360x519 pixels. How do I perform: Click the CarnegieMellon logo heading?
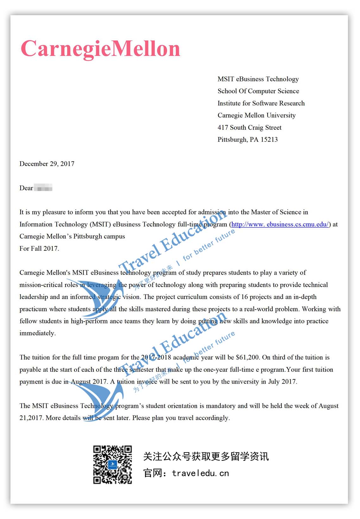[x=100, y=49]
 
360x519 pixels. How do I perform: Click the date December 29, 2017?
[x=47, y=164]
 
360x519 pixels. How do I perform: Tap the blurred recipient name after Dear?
[x=43, y=188]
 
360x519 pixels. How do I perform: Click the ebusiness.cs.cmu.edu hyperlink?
[x=280, y=225]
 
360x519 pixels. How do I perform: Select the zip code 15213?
[x=269, y=140]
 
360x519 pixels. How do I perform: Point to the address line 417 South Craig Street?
[x=249, y=128]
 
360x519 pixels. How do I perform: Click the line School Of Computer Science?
[x=258, y=91]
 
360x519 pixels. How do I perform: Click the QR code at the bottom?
[x=112, y=465]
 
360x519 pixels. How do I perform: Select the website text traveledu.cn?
[x=200, y=473]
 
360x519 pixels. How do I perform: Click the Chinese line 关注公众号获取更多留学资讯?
[x=206, y=456]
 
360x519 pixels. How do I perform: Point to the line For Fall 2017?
[x=39, y=249]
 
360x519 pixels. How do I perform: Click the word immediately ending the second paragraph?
[x=37, y=333]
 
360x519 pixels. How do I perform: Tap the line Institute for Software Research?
[x=261, y=103]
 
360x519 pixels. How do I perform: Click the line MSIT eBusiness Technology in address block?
[x=258, y=79]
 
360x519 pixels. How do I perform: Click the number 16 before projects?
[x=244, y=297]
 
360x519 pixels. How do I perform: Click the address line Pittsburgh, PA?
[x=238, y=140]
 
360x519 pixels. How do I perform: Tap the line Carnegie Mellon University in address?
[x=256, y=115]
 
